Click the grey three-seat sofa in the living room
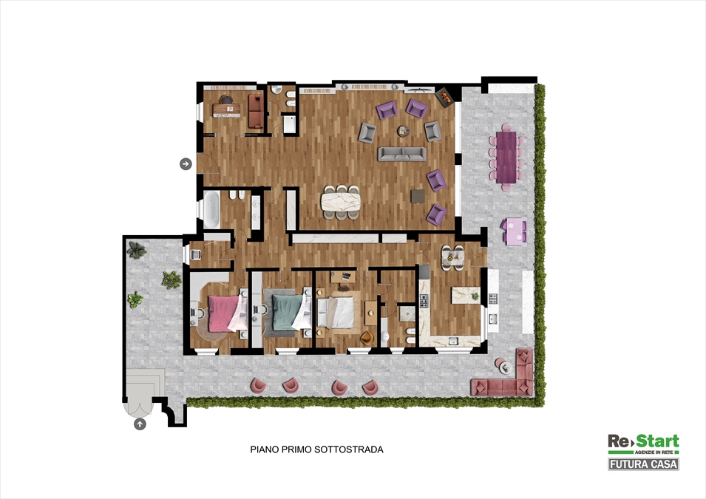[x=402, y=154]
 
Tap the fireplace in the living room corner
[x=444, y=96]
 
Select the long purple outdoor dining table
[x=506, y=157]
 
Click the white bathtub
[x=211, y=209]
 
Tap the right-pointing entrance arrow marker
[x=186, y=163]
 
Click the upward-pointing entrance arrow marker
[x=140, y=424]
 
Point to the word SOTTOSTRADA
[x=349, y=449]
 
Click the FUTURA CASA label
[x=643, y=464]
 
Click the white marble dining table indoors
[x=341, y=200]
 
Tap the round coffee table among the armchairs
[x=403, y=132]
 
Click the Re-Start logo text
[x=643, y=443]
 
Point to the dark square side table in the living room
[x=418, y=196]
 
